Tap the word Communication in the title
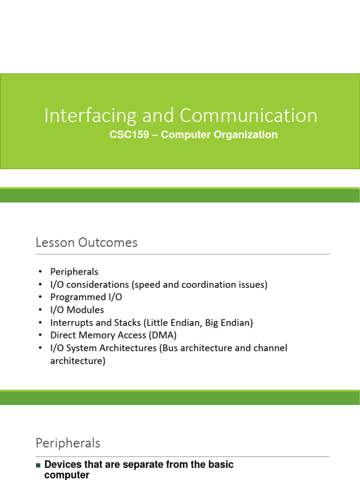[x=248, y=116]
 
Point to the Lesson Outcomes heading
[x=86, y=242]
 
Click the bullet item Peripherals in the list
[x=74, y=272]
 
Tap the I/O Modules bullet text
[x=77, y=310]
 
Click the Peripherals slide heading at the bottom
[x=67, y=443]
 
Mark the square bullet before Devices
[x=38, y=465]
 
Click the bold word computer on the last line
[x=67, y=475]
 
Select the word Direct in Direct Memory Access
[x=62, y=335]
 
